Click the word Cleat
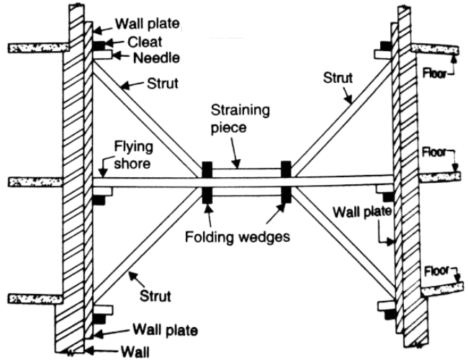tap(145, 42)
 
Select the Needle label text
tap(156, 58)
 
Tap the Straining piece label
tap(240, 119)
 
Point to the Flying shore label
tap(133, 155)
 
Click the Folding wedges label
tap(238, 237)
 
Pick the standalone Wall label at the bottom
tap(135, 352)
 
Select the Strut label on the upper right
tap(338, 78)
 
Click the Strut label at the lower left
tap(156, 296)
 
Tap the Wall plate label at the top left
tap(148, 24)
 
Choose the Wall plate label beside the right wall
tap(362, 212)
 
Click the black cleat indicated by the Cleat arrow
tap(99, 45)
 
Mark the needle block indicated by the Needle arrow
tap(103, 55)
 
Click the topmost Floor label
tap(434, 73)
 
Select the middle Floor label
tap(433, 152)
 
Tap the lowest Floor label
tap(436, 271)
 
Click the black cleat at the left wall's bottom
tap(99, 319)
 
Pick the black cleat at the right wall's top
tap(386, 46)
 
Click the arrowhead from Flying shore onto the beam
tap(103, 174)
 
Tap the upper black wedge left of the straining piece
tap(207, 170)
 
